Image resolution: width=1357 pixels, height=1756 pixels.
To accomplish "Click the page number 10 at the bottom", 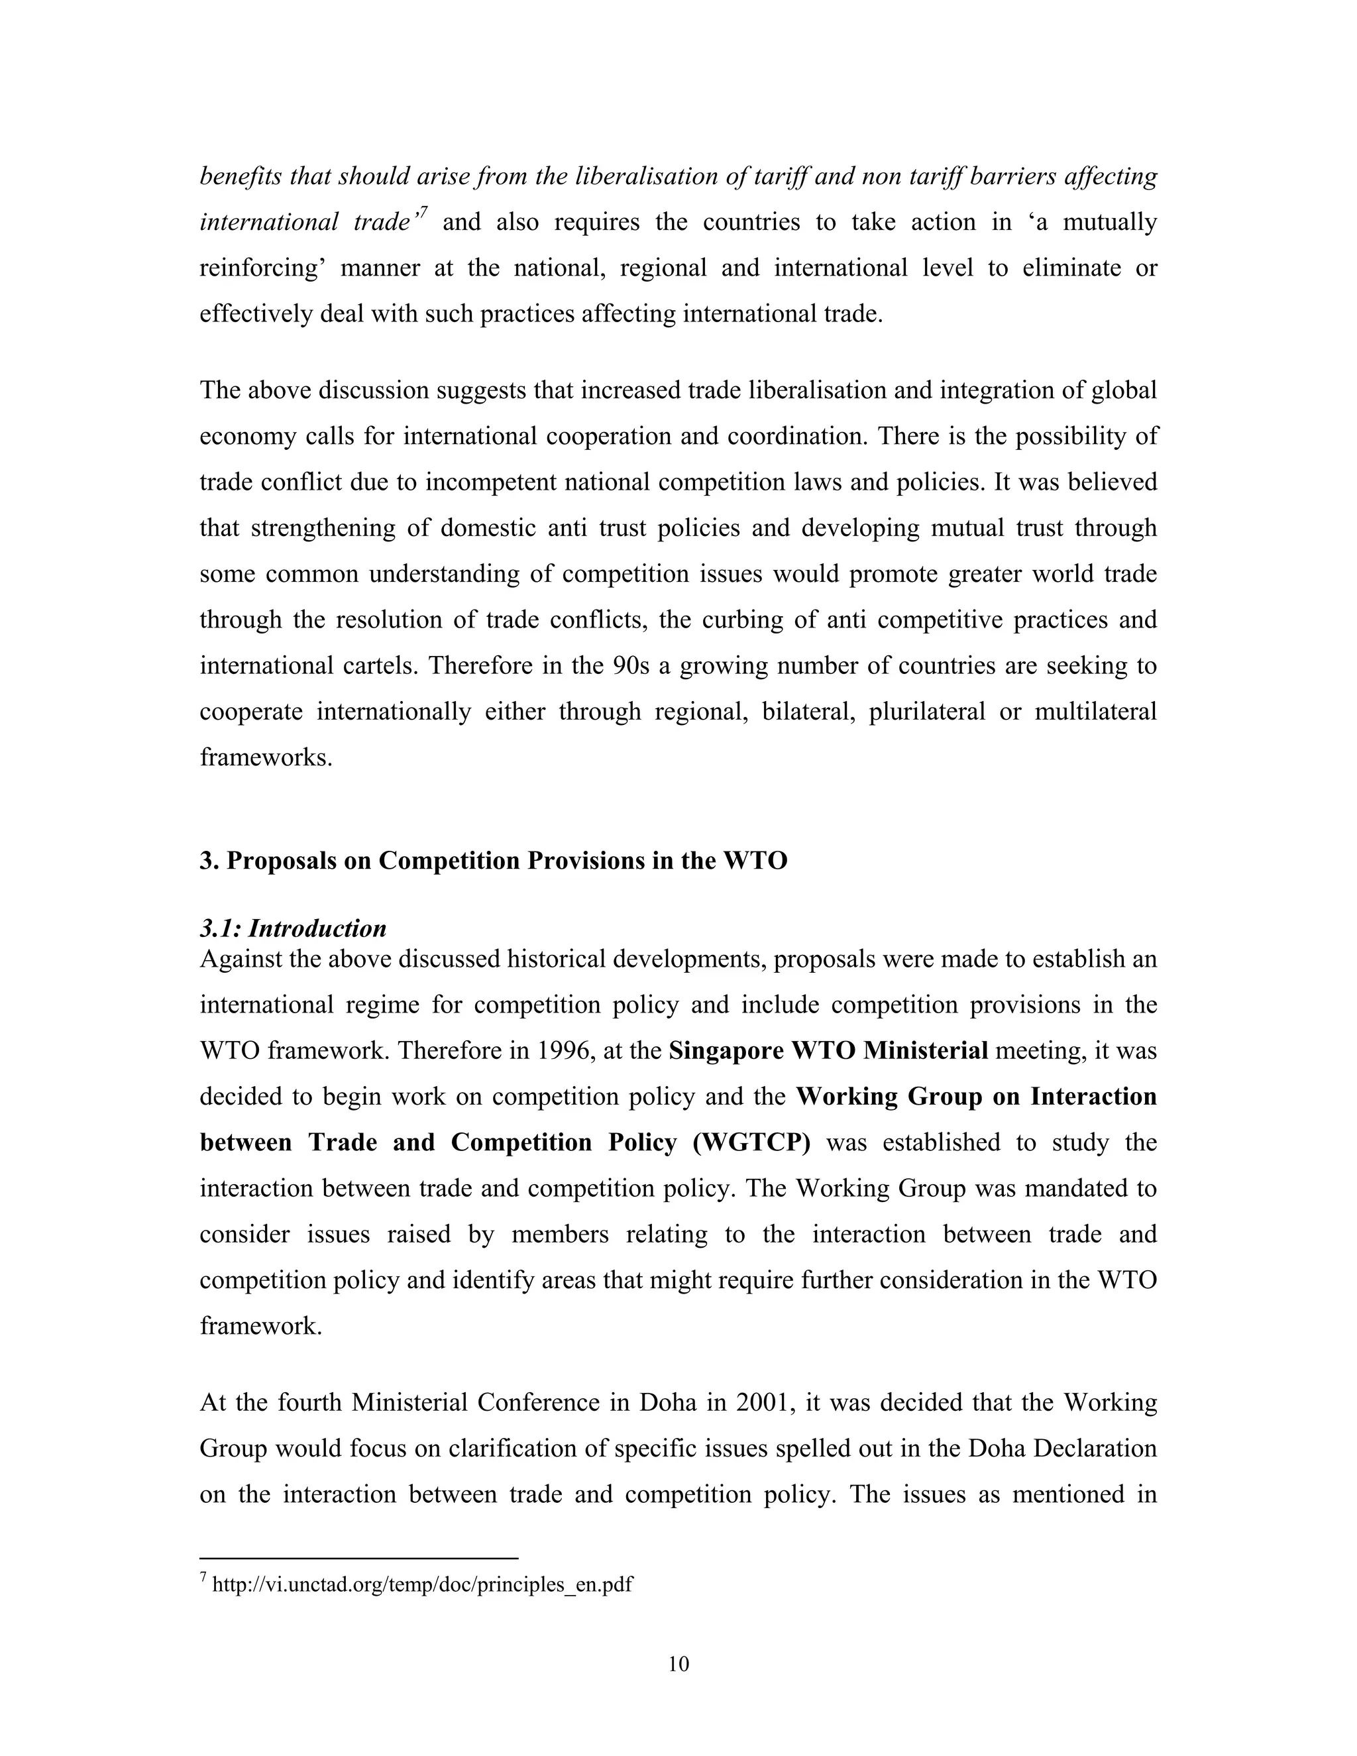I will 678,1663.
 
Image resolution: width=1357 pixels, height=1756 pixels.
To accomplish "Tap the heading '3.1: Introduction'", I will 293,928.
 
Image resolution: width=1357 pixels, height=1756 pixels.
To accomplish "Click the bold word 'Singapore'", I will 727,1051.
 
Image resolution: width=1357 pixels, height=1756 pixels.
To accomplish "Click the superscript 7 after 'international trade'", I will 423,211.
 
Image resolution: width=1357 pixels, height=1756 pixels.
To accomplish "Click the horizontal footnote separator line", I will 358,1559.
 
